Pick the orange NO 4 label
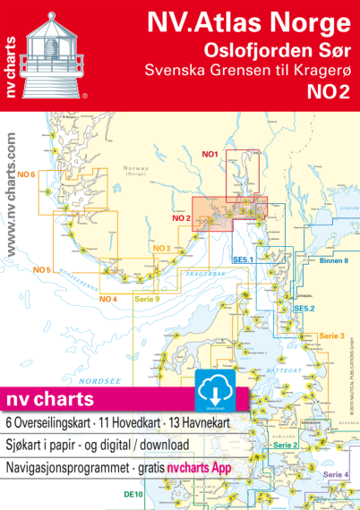108,298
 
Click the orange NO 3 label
162,248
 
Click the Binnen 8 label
333,260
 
